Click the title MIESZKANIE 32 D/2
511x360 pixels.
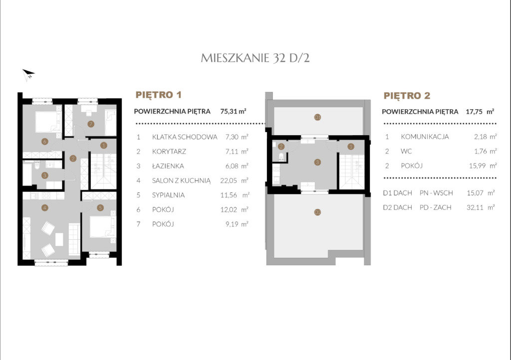[255, 58]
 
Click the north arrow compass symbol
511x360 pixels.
[28, 74]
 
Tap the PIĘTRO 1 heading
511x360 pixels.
[158, 95]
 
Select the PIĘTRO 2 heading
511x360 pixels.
[407, 95]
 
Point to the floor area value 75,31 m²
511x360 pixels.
[233, 111]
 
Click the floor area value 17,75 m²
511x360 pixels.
[480, 112]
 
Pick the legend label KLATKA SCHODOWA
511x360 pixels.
[185, 137]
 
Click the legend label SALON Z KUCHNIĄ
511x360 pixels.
[181, 180]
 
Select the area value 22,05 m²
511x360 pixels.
[234, 180]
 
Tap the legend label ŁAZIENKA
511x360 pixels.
[168, 166]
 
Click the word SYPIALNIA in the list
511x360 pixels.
[168, 195]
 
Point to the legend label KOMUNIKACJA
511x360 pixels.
[425, 137]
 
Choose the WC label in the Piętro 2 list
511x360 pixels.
[406, 152]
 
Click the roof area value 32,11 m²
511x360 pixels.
[481, 207]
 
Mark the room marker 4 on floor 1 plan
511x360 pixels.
[44, 207]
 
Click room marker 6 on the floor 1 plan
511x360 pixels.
[44, 141]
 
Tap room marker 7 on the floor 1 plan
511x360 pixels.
[91, 124]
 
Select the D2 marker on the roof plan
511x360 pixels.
[318, 212]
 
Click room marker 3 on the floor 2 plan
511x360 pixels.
[317, 162]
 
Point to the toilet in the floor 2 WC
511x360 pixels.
[281, 157]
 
